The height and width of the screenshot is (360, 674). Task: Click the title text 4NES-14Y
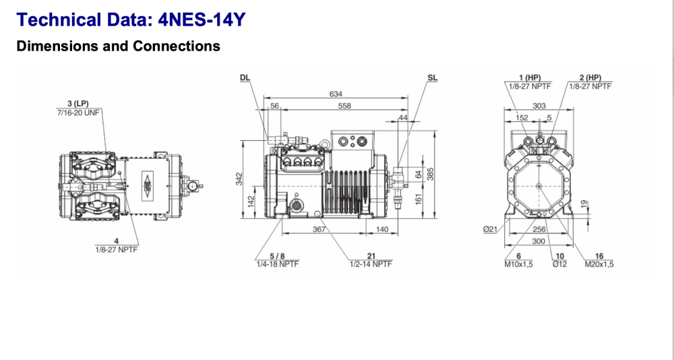(202, 20)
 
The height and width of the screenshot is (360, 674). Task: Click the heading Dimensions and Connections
(118, 47)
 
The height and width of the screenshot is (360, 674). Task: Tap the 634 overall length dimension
(335, 94)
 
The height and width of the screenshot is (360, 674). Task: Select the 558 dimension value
(344, 106)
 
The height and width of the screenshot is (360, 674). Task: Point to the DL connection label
(245, 78)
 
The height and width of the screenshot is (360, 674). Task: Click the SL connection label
(432, 78)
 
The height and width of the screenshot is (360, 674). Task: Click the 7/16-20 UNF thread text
(78, 112)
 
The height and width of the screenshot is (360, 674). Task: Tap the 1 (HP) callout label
(530, 78)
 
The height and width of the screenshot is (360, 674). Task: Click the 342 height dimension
(239, 179)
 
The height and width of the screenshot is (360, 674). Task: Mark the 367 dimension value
(319, 230)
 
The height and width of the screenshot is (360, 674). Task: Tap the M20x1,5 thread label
(599, 264)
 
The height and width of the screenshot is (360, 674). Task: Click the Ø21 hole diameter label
(490, 230)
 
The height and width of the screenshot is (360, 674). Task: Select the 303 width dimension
(539, 106)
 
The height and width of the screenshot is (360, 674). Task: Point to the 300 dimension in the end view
(539, 241)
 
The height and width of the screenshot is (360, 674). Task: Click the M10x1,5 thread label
(518, 264)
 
